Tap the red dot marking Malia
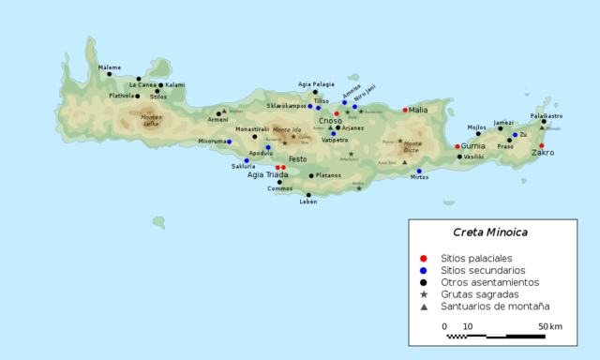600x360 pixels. [x=405, y=110]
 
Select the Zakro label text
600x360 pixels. [x=543, y=153]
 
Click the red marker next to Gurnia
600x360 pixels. [x=457, y=146]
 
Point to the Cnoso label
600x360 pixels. [x=330, y=120]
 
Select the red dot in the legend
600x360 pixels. [x=424, y=258]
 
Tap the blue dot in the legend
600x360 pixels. [x=424, y=270]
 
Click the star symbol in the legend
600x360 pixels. [x=424, y=294]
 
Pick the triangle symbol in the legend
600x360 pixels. [x=424, y=307]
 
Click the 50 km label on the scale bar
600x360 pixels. [x=550, y=326]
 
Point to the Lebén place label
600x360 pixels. [x=308, y=202]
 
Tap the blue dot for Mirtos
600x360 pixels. [x=419, y=171]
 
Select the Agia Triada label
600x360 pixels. [x=268, y=173]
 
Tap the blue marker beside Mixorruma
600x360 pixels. [x=230, y=142]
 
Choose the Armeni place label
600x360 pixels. [x=217, y=119]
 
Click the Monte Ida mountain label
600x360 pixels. [x=286, y=129]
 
